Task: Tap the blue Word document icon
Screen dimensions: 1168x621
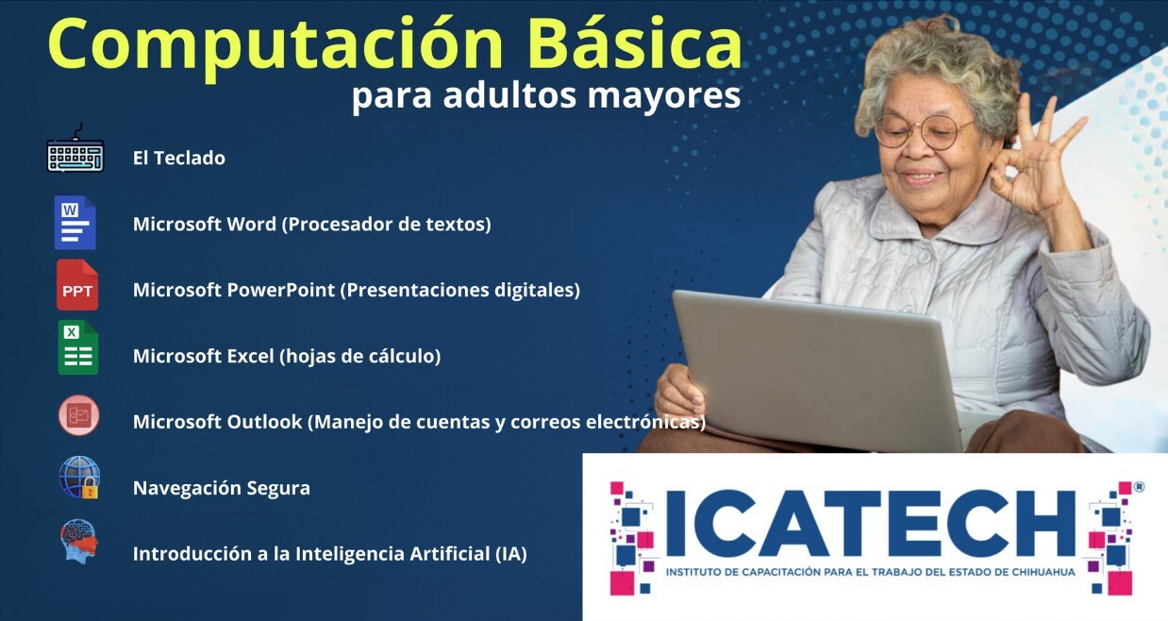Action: click(75, 223)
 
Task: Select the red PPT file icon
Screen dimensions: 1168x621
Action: click(77, 285)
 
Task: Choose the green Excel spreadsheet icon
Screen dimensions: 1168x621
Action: click(78, 347)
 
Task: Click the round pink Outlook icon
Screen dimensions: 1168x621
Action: click(78, 415)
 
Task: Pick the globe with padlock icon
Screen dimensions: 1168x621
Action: click(79, 478)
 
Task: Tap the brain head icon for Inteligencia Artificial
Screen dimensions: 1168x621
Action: click(78, 541)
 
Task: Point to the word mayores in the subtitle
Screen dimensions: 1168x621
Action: click(664, 96)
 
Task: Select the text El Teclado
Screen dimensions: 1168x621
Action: click(179, 158)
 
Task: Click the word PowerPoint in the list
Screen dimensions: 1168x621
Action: click(280, 290)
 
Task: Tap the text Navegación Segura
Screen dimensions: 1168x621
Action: click(222, 488)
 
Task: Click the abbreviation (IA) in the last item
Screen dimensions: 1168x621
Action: click(511, 554)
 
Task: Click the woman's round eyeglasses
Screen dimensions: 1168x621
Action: click(922, 130)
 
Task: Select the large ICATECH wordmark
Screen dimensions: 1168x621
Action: click(870, 523)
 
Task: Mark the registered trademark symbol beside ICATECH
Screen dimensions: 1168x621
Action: click(1139, 487)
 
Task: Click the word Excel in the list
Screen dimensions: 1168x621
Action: click(250, 356)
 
